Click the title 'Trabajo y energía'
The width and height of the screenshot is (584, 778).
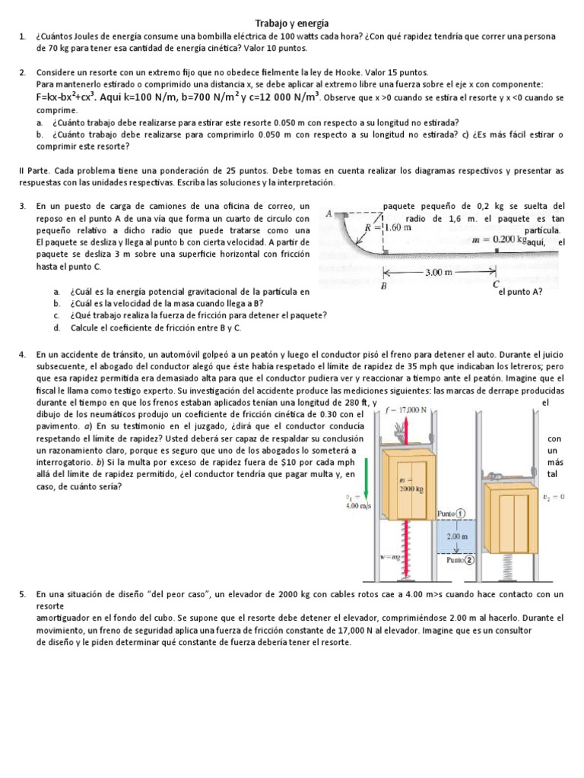click(291, 24)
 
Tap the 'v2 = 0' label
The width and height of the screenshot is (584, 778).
click(557, 498)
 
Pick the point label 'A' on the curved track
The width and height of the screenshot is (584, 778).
click(328, 213)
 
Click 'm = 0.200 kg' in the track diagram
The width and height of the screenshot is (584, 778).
click(500, 239)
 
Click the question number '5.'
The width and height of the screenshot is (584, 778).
click(23, 593)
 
